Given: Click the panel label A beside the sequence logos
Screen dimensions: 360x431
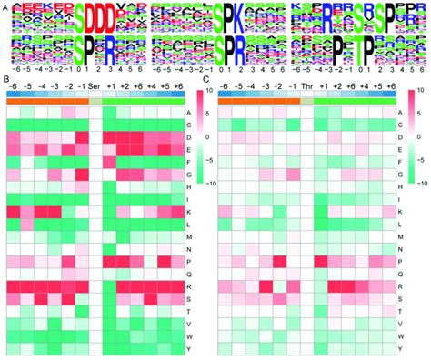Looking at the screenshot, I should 5,6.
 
